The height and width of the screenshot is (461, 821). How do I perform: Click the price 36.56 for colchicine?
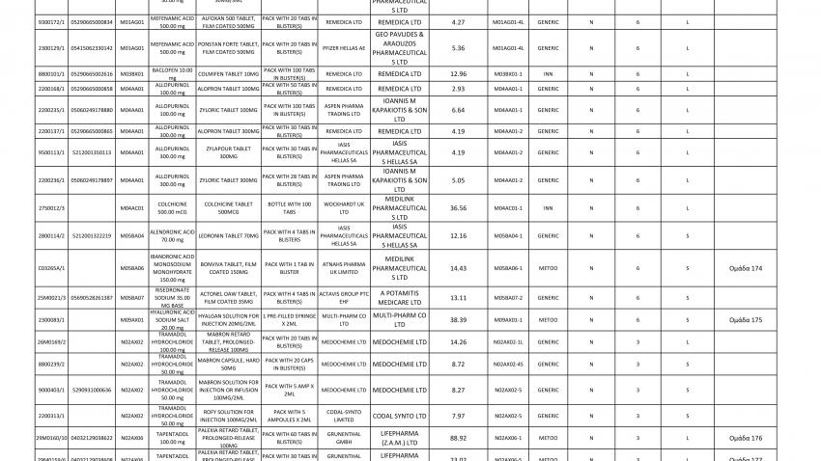click(458, 207)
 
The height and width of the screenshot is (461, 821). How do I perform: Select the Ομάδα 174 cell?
click(745, 267)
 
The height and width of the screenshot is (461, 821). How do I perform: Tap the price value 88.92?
click(458, 438)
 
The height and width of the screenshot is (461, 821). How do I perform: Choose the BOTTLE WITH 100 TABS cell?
click(289, 207)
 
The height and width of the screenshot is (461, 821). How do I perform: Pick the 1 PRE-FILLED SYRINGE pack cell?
click(289, 319)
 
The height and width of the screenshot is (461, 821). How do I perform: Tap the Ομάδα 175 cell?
click(745, 319)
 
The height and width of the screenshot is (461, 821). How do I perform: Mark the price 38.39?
click(458, 319)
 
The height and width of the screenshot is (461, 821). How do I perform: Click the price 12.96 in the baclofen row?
click(458, 73)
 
